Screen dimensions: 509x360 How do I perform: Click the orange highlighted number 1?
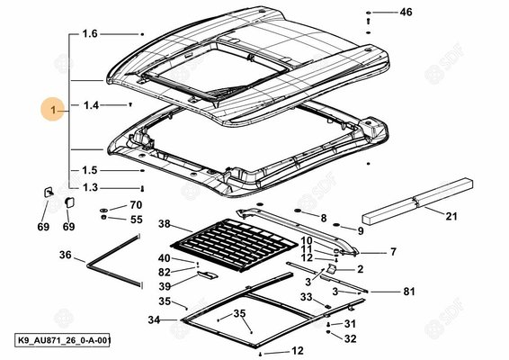(x=53, y=109)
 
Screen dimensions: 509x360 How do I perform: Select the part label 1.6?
(x=90, y=33)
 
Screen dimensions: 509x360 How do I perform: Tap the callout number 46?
(x=406, y=12)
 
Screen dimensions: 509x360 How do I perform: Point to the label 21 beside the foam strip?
(x=451, y=216)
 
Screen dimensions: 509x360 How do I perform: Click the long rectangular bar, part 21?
(x=417, y=201)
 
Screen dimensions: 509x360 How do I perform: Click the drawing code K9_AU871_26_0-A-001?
(x=62, y=340)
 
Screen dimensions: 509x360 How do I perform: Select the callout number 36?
(x=66, y=255)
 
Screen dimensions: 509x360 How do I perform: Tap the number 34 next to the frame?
(x=154, y=319)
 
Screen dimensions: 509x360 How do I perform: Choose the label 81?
(x=409, y=292)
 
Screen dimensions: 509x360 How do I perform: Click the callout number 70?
(x=136, y=205)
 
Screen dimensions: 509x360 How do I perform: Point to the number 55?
(x=137, y=220)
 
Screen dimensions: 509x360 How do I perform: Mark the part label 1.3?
(x=90, y=187)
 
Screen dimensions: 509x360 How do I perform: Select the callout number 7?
(x=393, y=252)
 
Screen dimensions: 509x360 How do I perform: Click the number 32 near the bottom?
(x=350, y=339)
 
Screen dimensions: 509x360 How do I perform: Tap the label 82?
(x=165, y=273)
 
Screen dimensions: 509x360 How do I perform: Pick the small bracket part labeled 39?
(x=207, y=274)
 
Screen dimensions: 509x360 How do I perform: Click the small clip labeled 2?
(x=332, y=268)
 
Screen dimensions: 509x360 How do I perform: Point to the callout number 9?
(x=361, y=230)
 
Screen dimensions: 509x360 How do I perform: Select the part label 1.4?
(x=91, y=105)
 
